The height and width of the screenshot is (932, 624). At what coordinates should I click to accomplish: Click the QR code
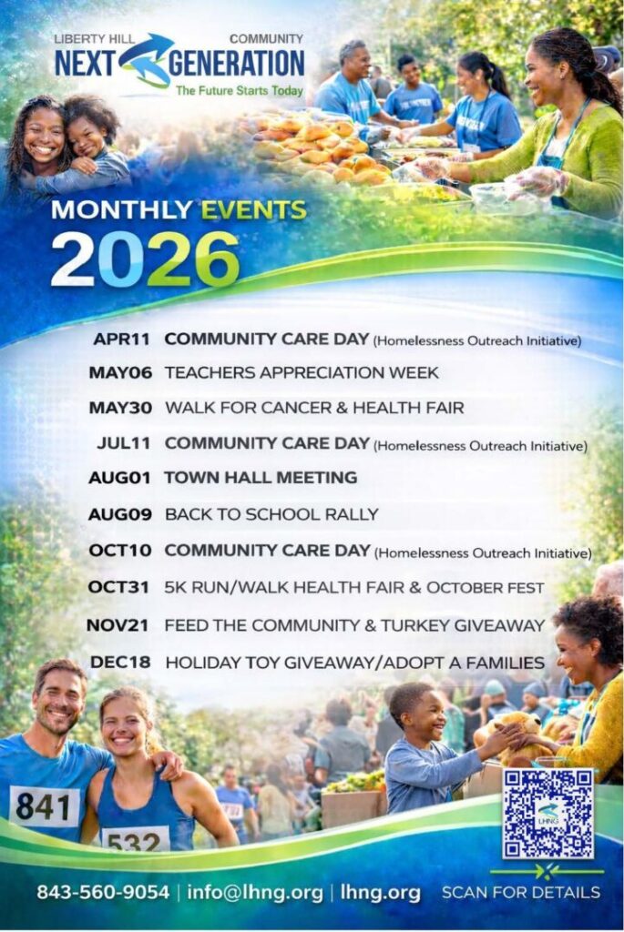tap(547, 813)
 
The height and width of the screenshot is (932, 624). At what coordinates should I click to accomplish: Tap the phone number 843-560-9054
tap(103, 892)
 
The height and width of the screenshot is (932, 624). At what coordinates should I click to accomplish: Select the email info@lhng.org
tap(255, 893)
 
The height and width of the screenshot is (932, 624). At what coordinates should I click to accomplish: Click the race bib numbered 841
tap(45, 806)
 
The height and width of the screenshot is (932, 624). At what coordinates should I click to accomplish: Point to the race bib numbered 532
tap(136, 839)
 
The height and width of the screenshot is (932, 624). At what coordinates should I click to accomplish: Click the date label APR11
tap(121, 339)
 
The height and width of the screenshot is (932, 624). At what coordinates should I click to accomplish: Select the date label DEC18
tap(120, 662)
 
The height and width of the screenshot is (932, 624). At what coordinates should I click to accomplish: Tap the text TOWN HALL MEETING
tap(261, 477)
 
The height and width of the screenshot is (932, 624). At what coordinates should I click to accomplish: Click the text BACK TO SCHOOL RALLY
tap(271, 514)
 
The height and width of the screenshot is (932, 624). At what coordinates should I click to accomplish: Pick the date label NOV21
tap(118, 625)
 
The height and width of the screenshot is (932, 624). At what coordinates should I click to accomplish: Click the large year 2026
tap(145, 259)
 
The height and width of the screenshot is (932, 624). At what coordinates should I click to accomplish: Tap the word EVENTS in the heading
tap(254, 210)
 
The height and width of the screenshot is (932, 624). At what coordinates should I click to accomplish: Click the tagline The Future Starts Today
tap(240, 91)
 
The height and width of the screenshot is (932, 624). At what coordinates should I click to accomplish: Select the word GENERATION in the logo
tap(237, 64)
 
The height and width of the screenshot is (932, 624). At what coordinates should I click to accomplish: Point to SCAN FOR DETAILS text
tap(521, 892)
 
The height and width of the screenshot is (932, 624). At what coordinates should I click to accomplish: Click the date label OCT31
tap(118, 587)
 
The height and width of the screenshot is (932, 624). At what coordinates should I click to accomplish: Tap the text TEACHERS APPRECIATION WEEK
tap(302, 372)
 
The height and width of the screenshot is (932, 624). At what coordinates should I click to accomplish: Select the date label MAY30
tap(120, 408)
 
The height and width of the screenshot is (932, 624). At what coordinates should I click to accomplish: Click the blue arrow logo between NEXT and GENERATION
tap(145, 60)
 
